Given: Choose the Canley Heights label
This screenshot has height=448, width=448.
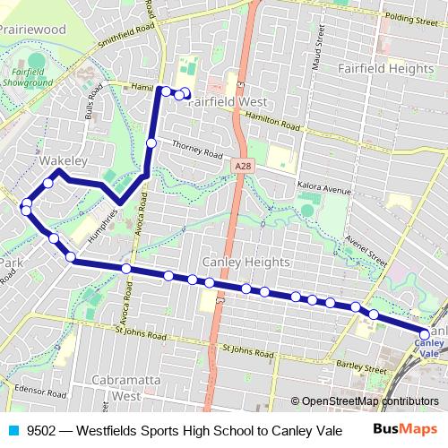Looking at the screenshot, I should (x=246, y=262).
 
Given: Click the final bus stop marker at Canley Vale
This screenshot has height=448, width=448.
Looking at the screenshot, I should (x=425, y=335).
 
